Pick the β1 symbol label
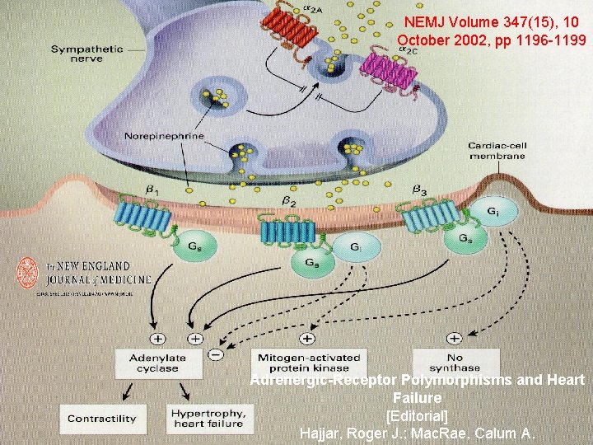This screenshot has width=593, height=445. click(153, 191)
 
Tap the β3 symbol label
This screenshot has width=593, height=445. click(418, 190)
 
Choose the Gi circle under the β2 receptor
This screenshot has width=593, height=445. click(354, 246)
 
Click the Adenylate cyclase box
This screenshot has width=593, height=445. click(157, 363)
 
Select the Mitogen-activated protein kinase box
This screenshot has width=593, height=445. click(309, 363)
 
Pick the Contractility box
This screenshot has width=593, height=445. click(102, 418)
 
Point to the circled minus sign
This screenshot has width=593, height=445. click(214, 356)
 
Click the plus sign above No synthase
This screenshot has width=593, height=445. click(454, 338)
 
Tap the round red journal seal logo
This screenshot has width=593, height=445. click(28, 274)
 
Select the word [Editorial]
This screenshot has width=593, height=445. click(417, 415)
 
